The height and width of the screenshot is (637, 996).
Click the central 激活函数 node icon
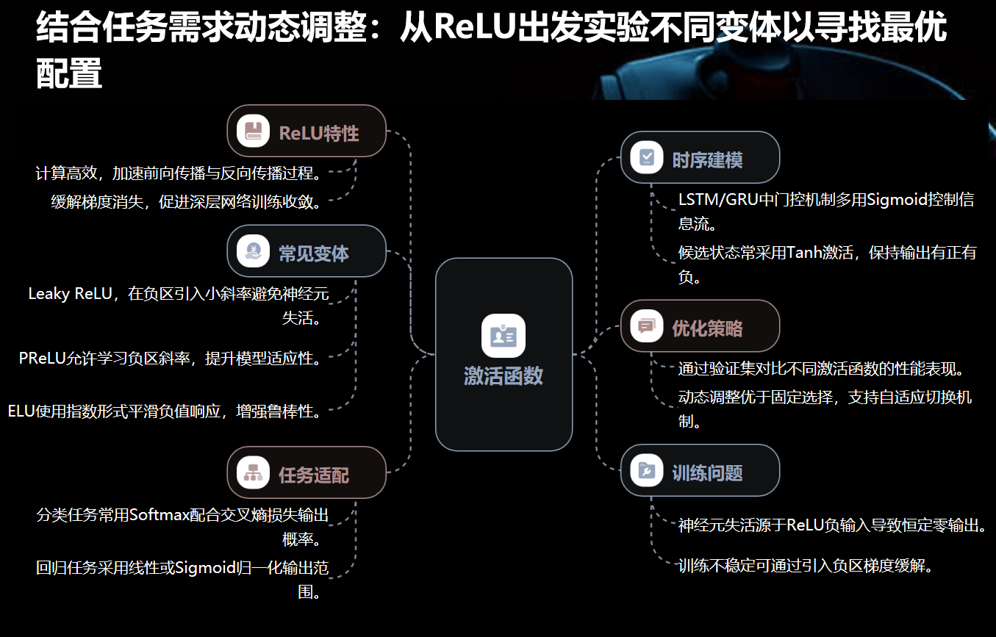pos(504,336)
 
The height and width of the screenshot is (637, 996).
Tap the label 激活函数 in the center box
pos(504,376)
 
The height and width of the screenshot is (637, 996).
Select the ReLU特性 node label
pos(319,133)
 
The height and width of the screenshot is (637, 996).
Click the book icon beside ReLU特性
pos(254,132)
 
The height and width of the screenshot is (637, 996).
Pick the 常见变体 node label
pos(314,253)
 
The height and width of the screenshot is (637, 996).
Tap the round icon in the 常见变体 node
pos(254,251)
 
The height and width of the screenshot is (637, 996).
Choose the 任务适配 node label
pos(314,475)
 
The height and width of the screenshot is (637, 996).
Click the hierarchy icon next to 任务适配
pos(254,473)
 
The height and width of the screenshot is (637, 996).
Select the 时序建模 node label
pos(707,159)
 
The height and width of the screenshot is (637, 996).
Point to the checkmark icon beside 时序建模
pos(647,157)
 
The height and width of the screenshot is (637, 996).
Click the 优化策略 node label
pos(707,328)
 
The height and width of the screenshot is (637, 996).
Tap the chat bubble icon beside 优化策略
pos(647,325)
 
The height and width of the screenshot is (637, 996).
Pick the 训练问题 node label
pos(707,472)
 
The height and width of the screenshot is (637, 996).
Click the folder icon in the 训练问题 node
pos(647,471)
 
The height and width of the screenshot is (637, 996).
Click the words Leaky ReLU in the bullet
pos(70,294)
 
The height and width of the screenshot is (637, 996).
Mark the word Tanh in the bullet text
pos(804,253)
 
